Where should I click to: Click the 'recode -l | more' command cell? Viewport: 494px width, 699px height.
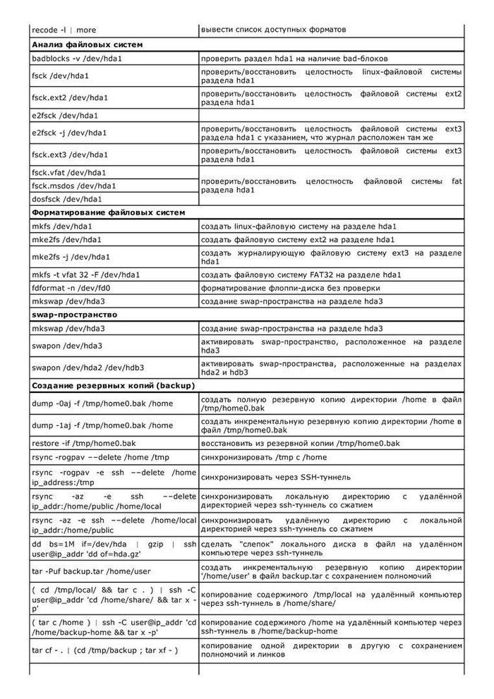pos(64,30)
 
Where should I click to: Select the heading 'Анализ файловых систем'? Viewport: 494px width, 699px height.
pos(87,44)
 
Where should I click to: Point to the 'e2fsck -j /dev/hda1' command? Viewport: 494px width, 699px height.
pos(69,133)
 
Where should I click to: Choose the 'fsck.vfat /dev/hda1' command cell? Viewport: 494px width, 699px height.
pos(69,172)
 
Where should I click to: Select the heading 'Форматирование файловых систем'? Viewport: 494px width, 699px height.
pos(108,212)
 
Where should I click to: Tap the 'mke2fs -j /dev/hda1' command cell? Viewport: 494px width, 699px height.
pos(71,257)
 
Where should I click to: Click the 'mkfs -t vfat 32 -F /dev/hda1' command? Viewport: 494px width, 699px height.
pos(86,274)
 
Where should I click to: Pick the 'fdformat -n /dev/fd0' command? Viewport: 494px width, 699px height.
pos(71,288)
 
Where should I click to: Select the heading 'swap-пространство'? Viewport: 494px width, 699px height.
pos(74,315)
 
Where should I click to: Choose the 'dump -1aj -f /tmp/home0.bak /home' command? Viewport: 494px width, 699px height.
pos(102,425)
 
